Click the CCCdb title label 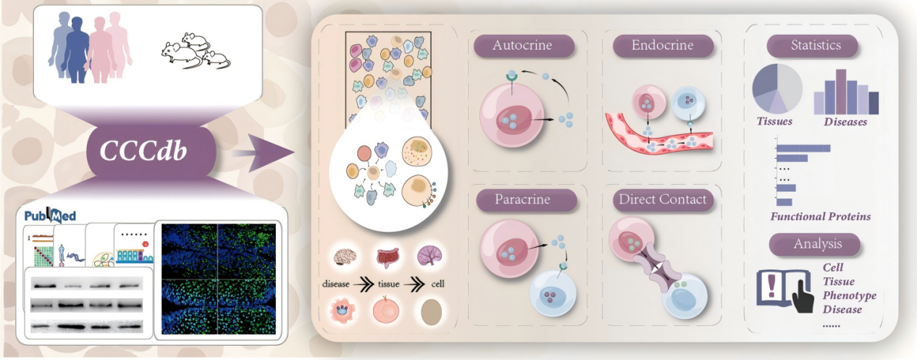point(143,151)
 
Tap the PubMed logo point(50,215)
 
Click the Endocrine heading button point(663,46)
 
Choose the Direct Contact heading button point(663,200)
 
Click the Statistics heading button point(812,46)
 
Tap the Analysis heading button point(814,245)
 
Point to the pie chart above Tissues point(777,88)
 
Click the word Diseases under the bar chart point(845,122)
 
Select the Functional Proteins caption point(821,217)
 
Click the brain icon point(345,257)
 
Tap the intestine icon point(388,257)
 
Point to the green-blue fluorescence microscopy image point(218,279)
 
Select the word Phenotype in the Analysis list point(850,296)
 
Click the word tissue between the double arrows point(388,283)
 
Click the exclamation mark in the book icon point(771,286)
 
